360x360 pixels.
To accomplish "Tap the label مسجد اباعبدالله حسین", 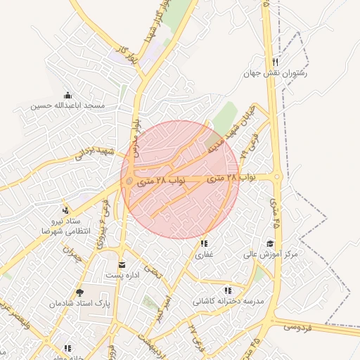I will point(67,106).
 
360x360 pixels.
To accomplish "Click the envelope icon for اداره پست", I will point(124,265).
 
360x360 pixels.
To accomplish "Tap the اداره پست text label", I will point(124,276).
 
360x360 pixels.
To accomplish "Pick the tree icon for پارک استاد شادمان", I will point(78,292).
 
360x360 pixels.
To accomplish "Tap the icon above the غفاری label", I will point(204,243).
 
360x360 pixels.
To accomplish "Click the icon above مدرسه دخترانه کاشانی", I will point(227,290).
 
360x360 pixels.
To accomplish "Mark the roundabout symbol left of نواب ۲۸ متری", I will point(129,182).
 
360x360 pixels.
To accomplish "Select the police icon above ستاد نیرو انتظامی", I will point(65,210).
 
